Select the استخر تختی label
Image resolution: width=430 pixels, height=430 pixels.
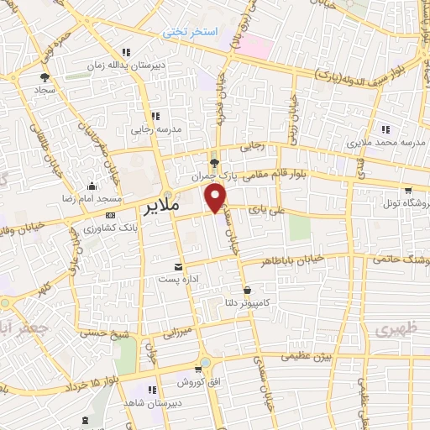(x=191, y=31)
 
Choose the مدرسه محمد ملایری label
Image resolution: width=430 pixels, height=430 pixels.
(x=385, y=143)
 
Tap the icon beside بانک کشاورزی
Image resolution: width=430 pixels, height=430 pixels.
(x=88, y=228)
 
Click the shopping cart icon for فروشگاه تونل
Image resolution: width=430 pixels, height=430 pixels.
(x=408, y=191)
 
